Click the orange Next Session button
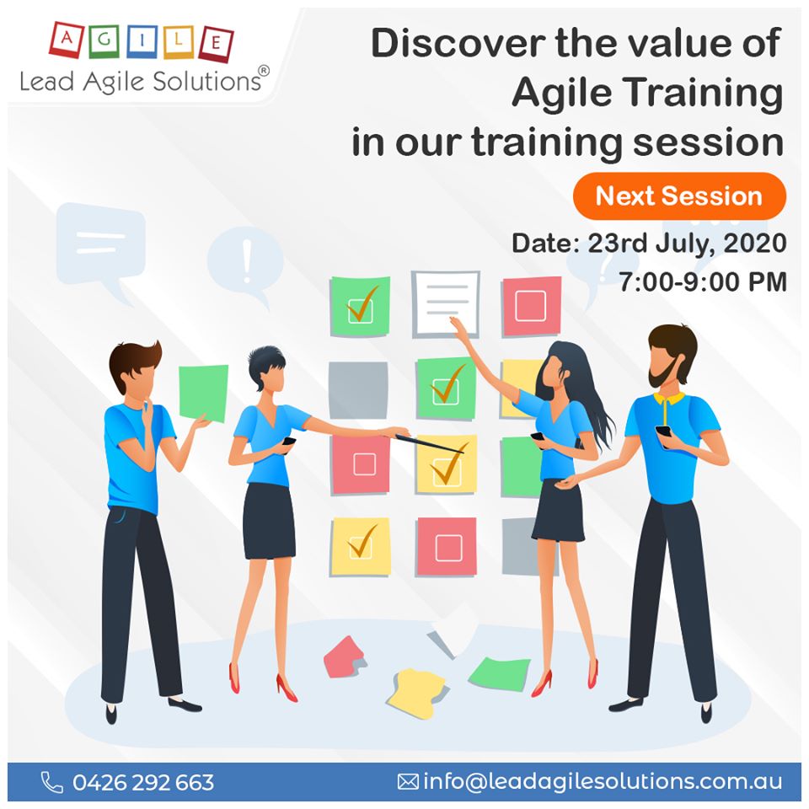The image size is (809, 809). coord(679,196)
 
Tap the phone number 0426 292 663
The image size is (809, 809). coord(143,782)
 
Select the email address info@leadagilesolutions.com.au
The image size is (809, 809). coord(603,782)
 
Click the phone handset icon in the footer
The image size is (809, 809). coord(52,782)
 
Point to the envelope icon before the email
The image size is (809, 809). coord(408,782)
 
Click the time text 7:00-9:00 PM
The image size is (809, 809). coord(702,282)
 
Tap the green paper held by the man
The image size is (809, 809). coord(203,393)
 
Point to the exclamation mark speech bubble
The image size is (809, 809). coord(245,259)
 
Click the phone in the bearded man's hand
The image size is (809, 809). coord(662,431)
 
